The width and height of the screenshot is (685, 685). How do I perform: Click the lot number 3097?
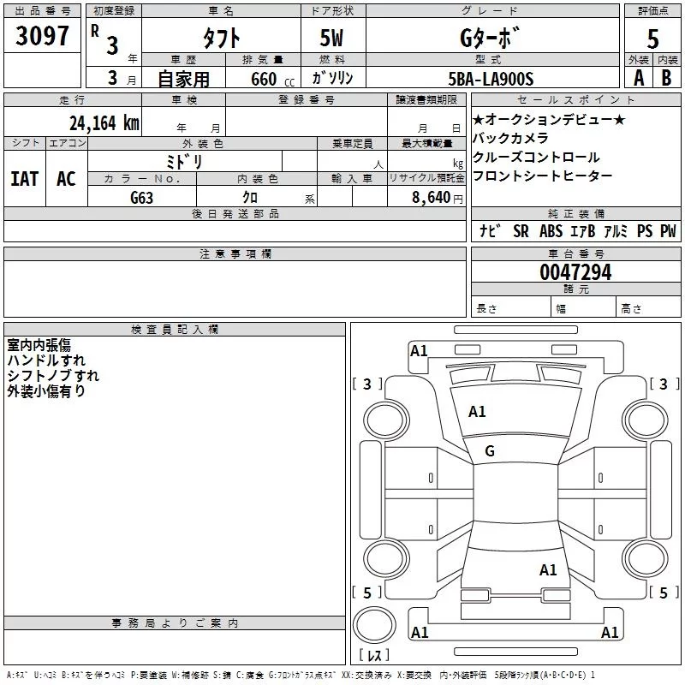pyautogui.click(x=42, y=36)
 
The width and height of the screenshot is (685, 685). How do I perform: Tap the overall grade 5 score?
pyautogui.click(x=653, y=39)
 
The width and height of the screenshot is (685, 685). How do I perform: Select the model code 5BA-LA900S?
pyautogui.click(x=491, y=79)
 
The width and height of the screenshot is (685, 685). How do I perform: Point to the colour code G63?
pyautogui.click(x=141, y=197)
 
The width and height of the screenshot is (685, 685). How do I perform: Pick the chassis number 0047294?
pyautogui.click(x=575, y=273)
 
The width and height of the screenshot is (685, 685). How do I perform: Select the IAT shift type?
pyautogui.click(x=25, y=179)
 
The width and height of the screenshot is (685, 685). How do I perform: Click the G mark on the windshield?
pyautogui.click(x=490, y=451)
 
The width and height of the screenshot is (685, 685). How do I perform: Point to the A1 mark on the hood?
pyautogui.click(x=477, y=412)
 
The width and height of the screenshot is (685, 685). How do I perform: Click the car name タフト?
pyautogui.click(x=220, y=39)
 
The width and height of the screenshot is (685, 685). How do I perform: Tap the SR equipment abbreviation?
pyautogui.click(x=521, y=231)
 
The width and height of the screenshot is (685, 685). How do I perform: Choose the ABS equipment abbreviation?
pyautogui.click(x=551, y=231)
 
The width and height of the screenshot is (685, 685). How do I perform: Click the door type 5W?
pyautogui.click(x=332, y=39)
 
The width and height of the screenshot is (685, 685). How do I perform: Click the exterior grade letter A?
pyautogui.click(x=638, y=78)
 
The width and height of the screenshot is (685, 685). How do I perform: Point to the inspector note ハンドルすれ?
pyautogui.click(x=46, y=360)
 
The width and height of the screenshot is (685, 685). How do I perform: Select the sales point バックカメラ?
pyautogui.click(x=510, y=139)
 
